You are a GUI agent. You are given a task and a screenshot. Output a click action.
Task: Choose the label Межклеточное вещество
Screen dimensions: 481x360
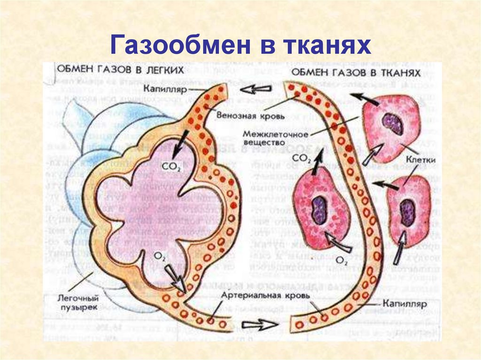click(275, 138)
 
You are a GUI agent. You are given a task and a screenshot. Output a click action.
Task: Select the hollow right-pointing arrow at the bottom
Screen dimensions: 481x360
click(259, 325)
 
